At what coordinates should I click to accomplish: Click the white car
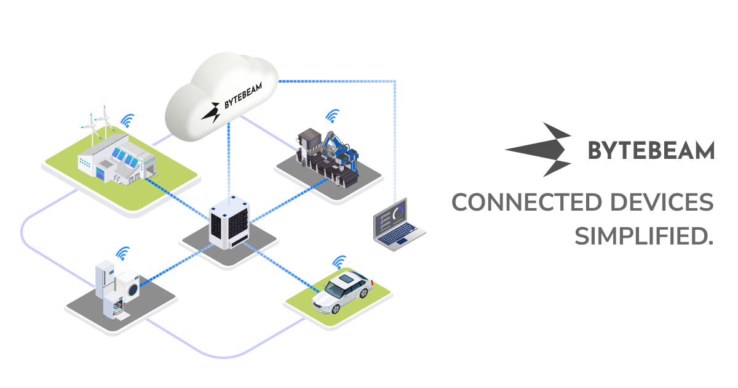[341, 292]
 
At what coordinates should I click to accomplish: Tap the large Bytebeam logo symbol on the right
[541, 150]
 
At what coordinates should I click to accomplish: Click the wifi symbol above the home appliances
[123, 253]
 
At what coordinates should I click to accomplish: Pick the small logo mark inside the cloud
[214, 110]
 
